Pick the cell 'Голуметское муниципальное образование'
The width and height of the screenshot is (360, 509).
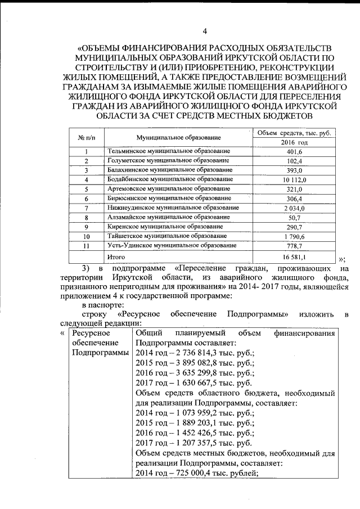[x=168, y=161]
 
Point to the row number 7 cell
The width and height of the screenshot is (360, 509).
[x=87, y=208]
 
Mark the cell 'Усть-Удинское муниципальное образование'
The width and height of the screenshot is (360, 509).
[x=171, y=245]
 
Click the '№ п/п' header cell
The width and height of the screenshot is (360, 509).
[x=87, y=138]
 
